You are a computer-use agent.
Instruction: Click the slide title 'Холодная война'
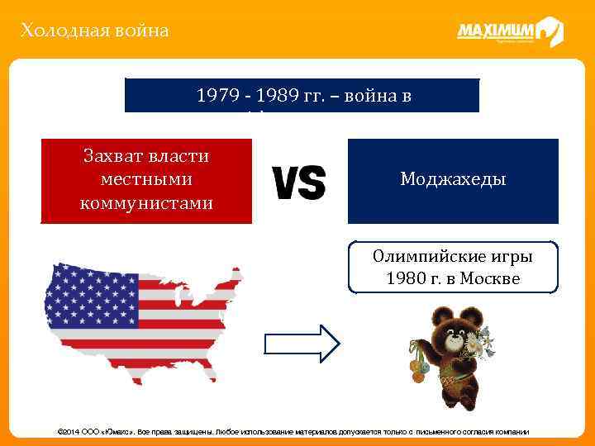click(x=94, y=31)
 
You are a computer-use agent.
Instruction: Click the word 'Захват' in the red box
click(x=146, y=155)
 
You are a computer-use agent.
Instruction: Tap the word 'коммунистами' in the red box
click(x=146, y=202)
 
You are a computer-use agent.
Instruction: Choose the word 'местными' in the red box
click(x=146, y=178)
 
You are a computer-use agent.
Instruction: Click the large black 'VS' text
click(x=298, y=183)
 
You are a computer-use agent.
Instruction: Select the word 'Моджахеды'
click(x=452, y=179)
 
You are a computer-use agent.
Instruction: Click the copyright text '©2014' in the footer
click(x=69, y=432)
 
